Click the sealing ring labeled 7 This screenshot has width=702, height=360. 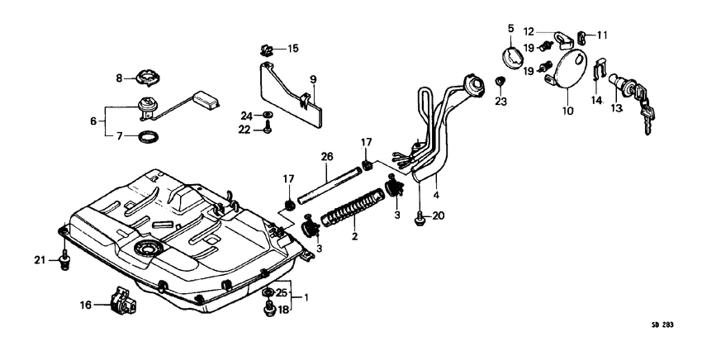[x=148, y=135]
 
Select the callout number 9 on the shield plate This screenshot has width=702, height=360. [x=314, y=80]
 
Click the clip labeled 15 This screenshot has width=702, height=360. [x=267, y=50]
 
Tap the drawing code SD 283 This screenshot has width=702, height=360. [x=662, y=325]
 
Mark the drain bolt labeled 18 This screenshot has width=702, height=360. [x=268, y=310]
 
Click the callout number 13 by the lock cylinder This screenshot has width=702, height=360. [x=616, y=107]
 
